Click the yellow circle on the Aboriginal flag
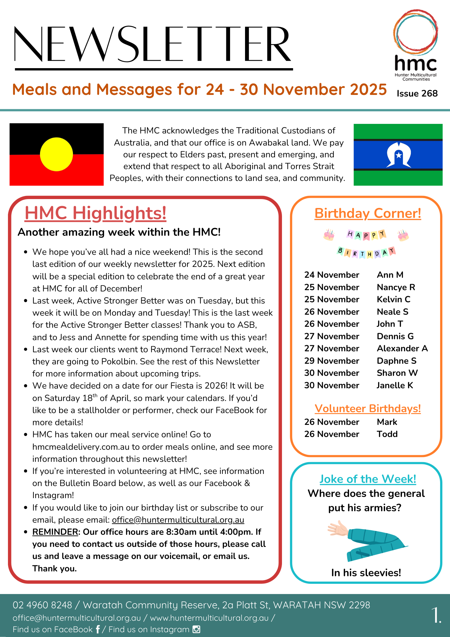pos(57,154)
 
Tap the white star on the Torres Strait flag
pos(398,155)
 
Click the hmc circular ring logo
pos(415,32)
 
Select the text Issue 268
pos(417,93)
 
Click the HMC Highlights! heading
pos(95,213)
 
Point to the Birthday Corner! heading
pos(368,213)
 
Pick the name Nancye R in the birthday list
pos(396,287)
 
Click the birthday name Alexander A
pos(402,348)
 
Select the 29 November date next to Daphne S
pos(332,361)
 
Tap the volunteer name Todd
pos(387,434)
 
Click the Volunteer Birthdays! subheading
pos(368,409)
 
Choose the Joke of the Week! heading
pos(368,479)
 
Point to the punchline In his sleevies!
pos(366,573)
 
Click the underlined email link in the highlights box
pos(178,520)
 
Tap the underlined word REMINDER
pos(55,532)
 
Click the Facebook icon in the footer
pos(98,629)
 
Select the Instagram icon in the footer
pos(197,629)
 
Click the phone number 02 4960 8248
pos(42,605)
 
